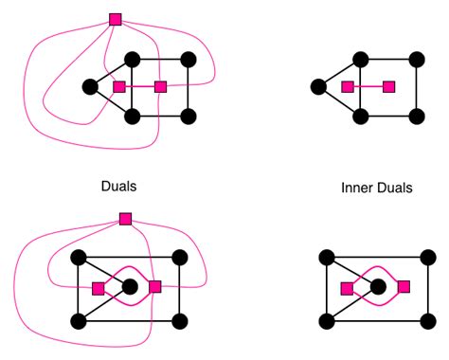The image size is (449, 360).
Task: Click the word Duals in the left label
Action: pyautogui.click(x=118, y=186)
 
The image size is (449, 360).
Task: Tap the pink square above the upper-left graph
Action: pyautogui.click(x=116, y=19)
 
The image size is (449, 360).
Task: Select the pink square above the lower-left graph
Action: pyautogui.click(x=125, y=219)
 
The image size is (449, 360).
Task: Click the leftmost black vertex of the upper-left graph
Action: pyautogui.click(x=90, y=87)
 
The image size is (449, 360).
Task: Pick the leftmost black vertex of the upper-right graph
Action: pyautogui.click(x=318, y=88)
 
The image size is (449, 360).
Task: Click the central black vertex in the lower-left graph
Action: pyautogui.click(x=130, y=286)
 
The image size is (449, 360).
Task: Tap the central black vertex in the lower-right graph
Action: pyautogui.click(x=378, y=286)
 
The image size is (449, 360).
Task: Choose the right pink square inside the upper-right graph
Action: pyautogui.click(x=388, y=87)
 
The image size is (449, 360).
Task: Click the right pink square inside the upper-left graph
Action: pyautogui.click(x=161, y=87)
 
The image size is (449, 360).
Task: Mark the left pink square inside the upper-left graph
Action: pyautogui.click(x=119, y=87)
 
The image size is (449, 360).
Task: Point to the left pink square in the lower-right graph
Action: pyautogui.click(x=347, y=287)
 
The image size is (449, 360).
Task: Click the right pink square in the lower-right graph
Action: pyautogui.click(x=404, y=286)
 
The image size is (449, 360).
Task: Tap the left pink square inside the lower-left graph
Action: pyautogui.click(x=98, y=287)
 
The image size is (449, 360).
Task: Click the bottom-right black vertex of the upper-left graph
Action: pyautogui.click(x=188, y=117)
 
